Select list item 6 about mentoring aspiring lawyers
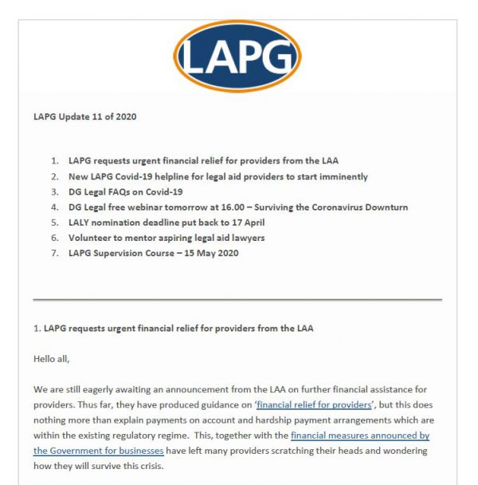pyautogui.click(x=167, y=238)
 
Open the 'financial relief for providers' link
pyautogui.click(x=313, y=405)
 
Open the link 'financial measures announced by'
pyautogui.click(x=360, y=436)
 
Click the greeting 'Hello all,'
pyautogui.click(x=52, y=359)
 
